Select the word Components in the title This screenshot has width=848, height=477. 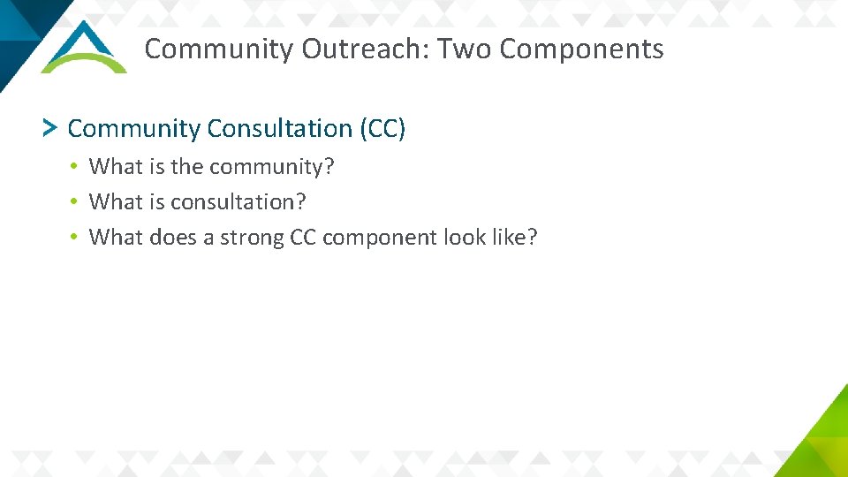pyautogui.click(x=581, y=49)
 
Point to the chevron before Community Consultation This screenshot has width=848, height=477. pyautogui.click(x=50, y=129)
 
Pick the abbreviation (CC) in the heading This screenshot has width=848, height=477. pyautogui.click(x=382, y=129)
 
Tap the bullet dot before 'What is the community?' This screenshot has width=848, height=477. pyautogui.click(x=77, y=167)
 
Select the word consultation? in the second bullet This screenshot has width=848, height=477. pyautogui.click(x=238, y=201)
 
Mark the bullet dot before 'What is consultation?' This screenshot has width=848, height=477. pyautogui.click(x=77, y=202)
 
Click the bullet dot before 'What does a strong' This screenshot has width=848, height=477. pyautogui.click(x=77, y=238)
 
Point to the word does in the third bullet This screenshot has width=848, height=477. pyautogui.click(x=175, y=237)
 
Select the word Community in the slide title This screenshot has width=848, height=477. pyautogui.click(x=219, y=49)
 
